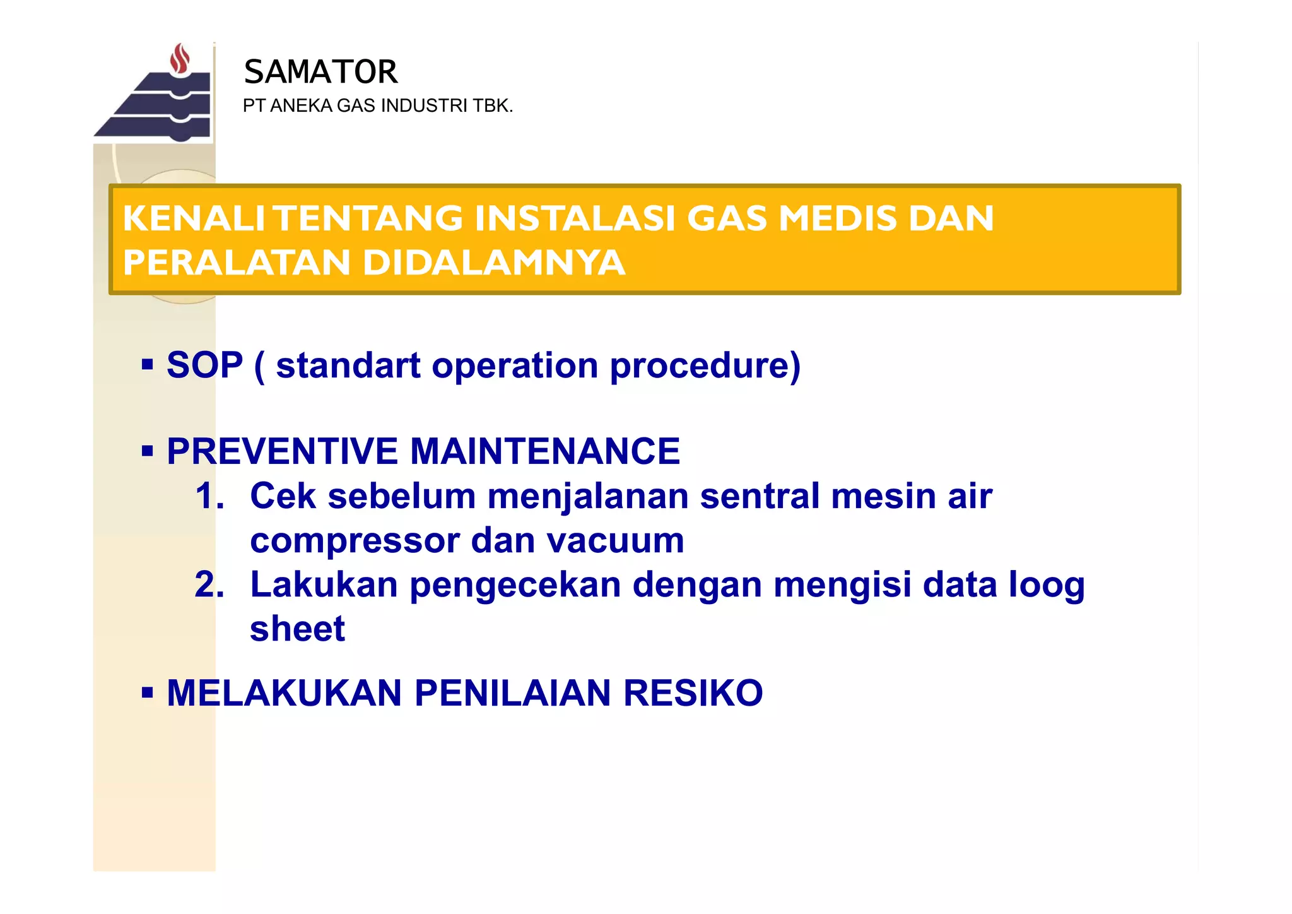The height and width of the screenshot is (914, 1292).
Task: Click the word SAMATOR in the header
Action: (x=320, y=72)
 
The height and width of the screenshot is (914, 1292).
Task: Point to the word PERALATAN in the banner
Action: (x=237, y=263)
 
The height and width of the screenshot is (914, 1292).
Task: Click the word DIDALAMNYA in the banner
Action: (x=494, y=263)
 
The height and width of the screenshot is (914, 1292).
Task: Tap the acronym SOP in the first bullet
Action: (x=204, y=365)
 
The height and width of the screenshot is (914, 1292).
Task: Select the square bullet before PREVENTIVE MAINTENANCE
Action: (x=148, y=451)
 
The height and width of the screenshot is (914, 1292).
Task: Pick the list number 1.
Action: (x=209, y=496)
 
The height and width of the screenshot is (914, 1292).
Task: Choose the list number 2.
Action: (x=209, y=585)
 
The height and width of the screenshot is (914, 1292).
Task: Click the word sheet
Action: (x=297, y=629)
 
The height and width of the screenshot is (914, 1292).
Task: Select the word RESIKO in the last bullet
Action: (x=693, y=693)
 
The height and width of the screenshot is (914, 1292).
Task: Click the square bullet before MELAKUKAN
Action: (x=148, y=693)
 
